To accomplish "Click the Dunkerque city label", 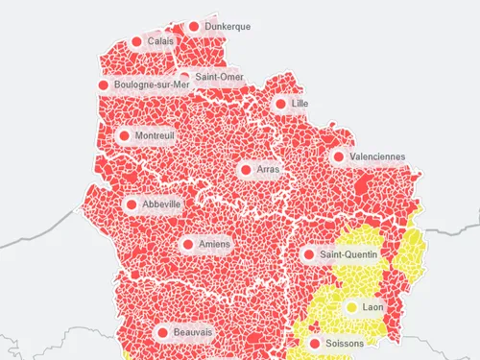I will click(228, 27).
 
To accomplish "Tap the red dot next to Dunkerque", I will click(195, 27).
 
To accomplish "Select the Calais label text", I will click(161, 42).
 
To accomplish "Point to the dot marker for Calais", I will click(138, 42).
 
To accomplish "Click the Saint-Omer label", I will click(219, 77).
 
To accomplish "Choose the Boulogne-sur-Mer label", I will click(153, 85).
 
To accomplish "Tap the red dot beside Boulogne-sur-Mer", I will click(104, 85).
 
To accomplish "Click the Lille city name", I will click(300, 104).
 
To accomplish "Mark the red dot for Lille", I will click(279, 104).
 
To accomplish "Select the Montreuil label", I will click(156, 136).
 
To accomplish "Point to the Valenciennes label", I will click(377, 156).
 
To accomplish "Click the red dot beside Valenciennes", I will click(339, 156).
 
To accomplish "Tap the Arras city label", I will click(269, 170).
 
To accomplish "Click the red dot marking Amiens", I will click(187, 245).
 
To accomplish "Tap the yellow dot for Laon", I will click(351, 307).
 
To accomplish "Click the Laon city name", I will click(373, 307).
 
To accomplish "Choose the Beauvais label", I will click(193, 332).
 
